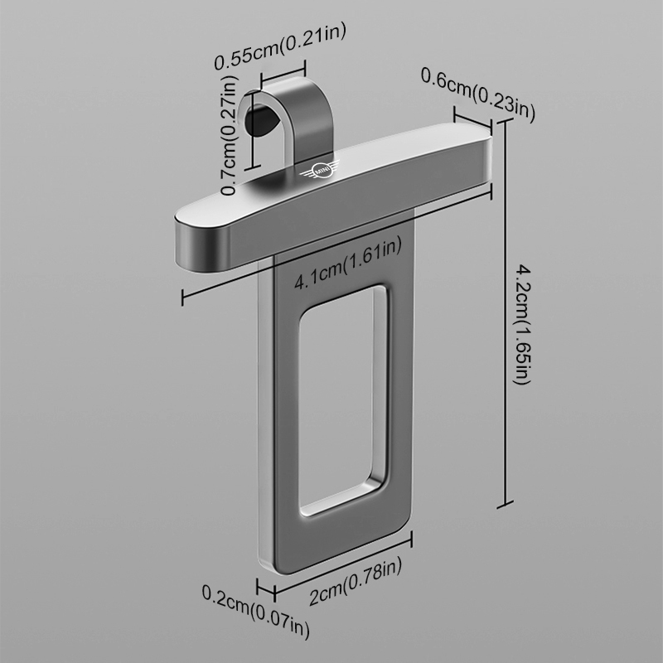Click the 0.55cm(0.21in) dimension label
280,46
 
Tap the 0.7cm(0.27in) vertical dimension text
230,135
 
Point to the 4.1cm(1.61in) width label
347,264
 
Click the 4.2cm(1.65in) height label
522,325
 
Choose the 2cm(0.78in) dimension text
356,582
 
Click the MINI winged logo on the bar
320,171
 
